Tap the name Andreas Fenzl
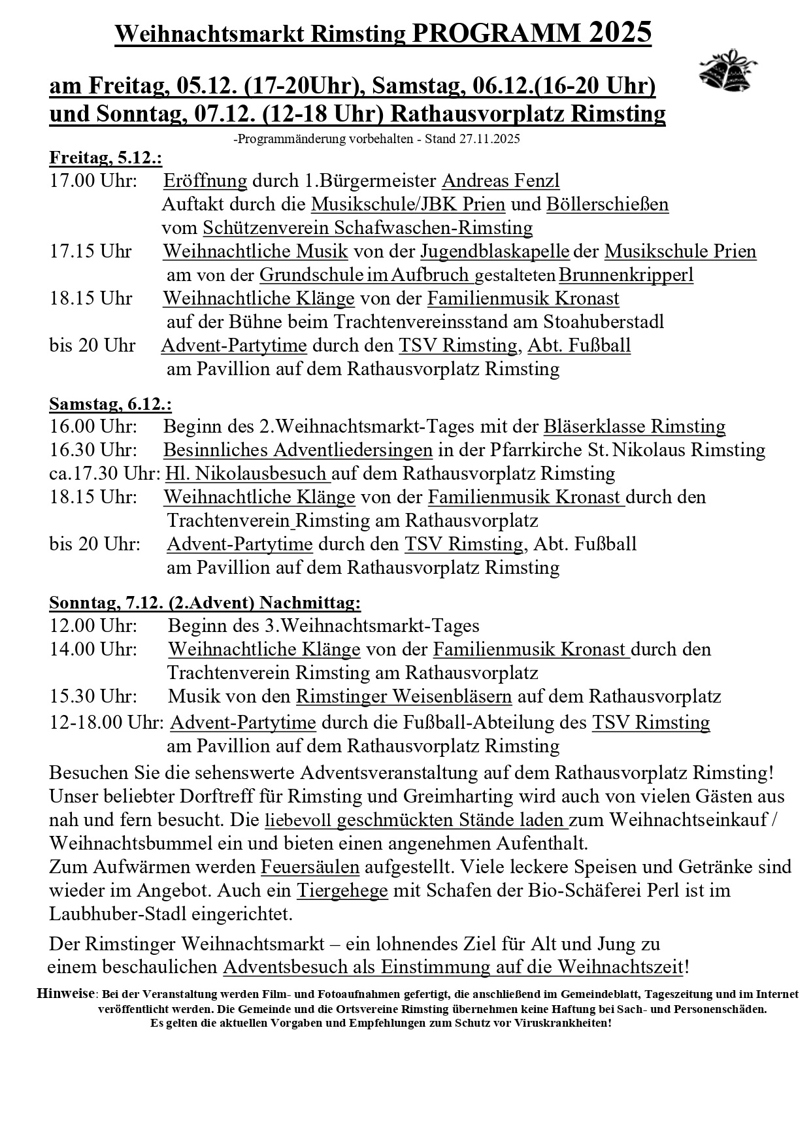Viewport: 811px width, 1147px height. (501, 181)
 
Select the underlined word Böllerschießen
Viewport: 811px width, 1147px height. (607, 205)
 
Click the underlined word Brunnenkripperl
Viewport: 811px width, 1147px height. (626, 275)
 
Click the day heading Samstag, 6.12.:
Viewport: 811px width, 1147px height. (110, 405)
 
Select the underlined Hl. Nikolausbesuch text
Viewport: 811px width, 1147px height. (246, 474)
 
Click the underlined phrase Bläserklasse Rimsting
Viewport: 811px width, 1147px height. (635, 427)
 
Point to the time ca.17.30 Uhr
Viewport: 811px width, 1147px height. (105, 474)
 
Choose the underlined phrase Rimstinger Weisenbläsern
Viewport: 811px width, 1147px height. (404, 697)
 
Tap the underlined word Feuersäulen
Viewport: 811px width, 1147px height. (310, 867)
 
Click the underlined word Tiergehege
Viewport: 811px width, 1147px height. (342, 891)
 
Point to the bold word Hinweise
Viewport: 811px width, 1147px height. (66, 994)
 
